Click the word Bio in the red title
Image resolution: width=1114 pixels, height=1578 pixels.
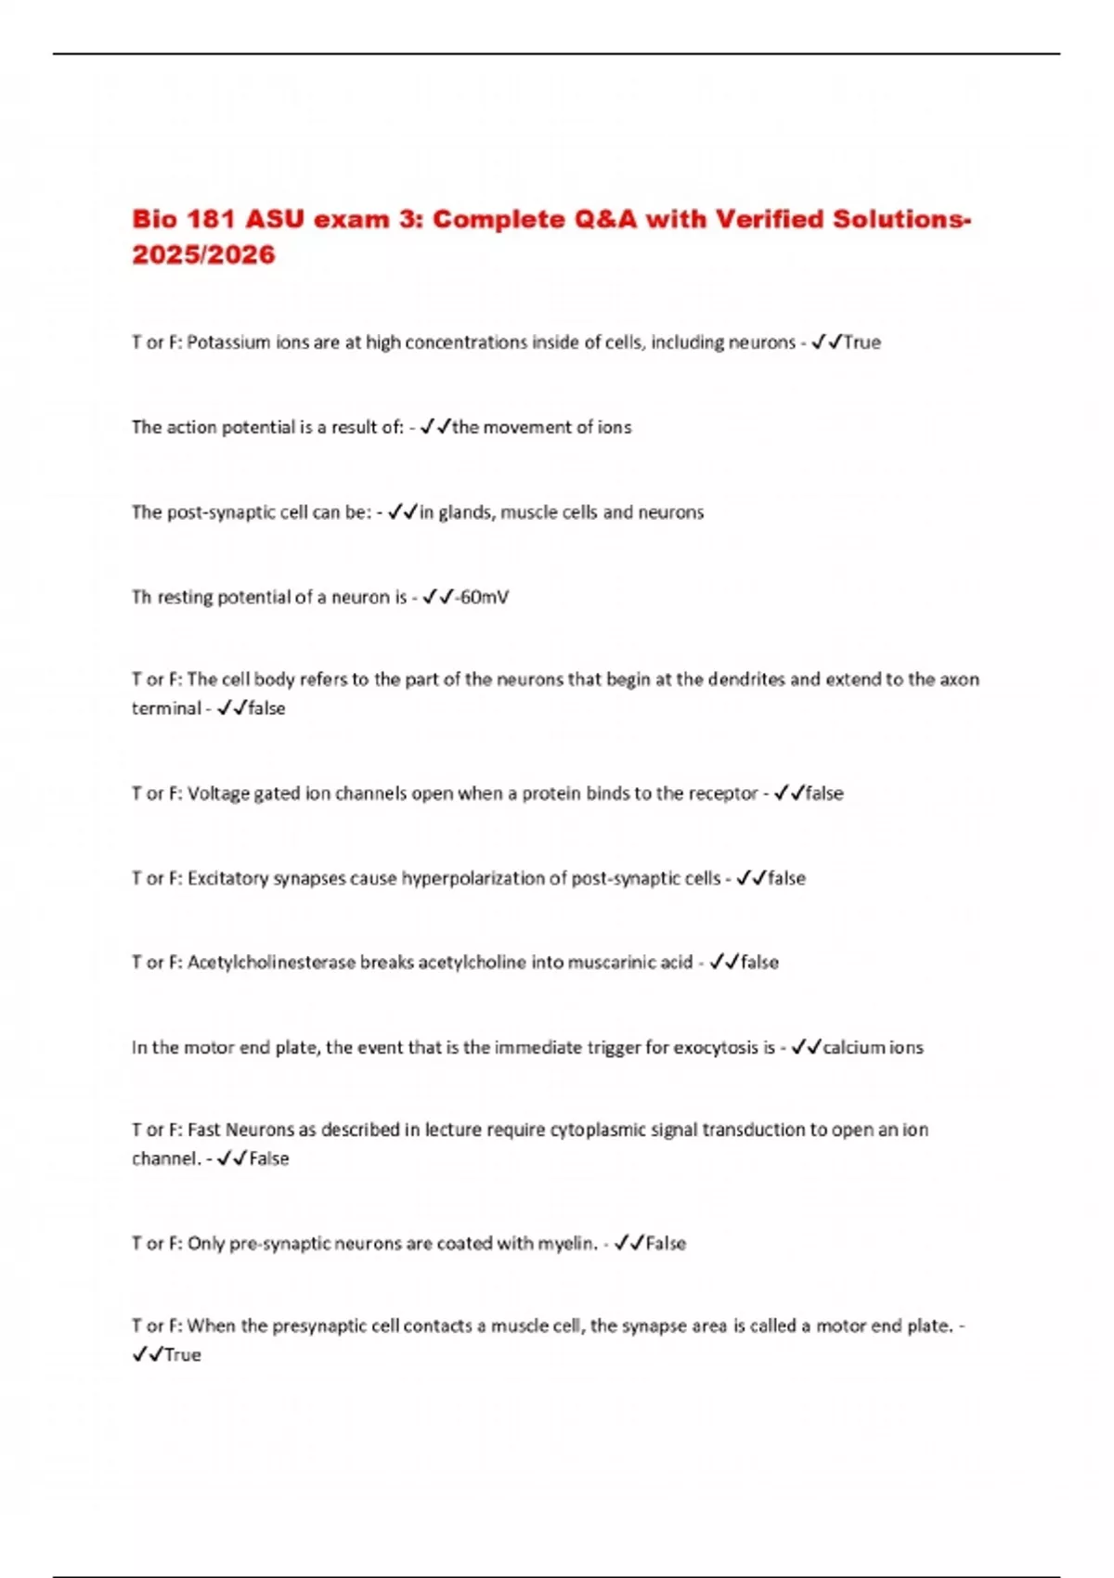tap(155, 220)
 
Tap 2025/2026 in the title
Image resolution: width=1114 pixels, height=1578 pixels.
tap(203, 255)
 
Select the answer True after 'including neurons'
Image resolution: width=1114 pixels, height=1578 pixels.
tap(861, 343)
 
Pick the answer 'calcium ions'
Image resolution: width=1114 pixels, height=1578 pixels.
tap(873, 1048)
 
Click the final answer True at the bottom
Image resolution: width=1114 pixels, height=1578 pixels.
tap(182, 1355)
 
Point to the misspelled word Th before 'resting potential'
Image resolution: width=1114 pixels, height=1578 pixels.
tap(141, 597)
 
